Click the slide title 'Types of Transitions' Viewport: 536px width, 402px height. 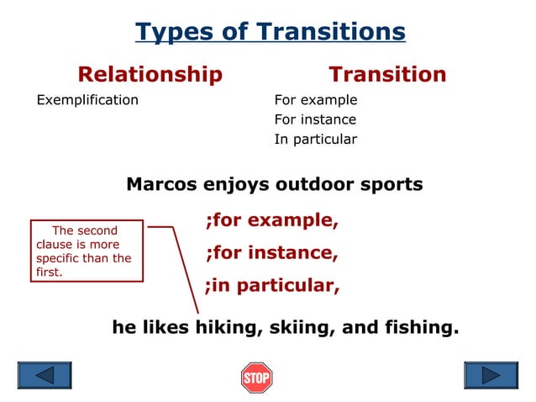click(270, 32)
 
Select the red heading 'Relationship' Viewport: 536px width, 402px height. click(150, 75)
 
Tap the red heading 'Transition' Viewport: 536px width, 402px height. click(387, 75)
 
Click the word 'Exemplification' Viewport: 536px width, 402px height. click(87, 100)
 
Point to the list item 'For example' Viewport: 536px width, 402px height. click(316, 100)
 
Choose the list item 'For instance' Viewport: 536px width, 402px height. click(315, 119)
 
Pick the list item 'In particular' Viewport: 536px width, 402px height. click(315, 140)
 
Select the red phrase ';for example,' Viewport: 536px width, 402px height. click(271, 221)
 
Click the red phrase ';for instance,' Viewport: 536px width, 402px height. click(271, 252)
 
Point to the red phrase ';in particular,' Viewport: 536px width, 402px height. click(271, 285)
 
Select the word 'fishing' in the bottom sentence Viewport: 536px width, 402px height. click(422, 327)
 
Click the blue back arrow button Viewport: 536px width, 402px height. click(45, 375)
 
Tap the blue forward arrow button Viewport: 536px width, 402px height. click(491, 375)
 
